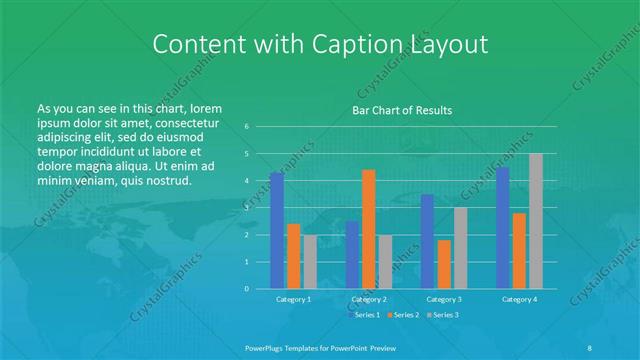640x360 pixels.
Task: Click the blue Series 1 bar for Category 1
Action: pyautogui.click(x=277, y=231)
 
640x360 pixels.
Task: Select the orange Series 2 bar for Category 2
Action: pyautogui.click(x=369, y=229)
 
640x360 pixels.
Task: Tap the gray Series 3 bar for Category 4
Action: pyautogui.click(x=536, y=221)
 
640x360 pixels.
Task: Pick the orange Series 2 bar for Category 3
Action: pyautogui.click(x=444, y=264)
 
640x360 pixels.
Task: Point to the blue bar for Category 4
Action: pyautogui.click(x=503, y=228)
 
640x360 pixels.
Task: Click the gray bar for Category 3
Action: pyautogui.click(x=460, y=248)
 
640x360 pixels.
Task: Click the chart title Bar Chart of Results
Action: pyautogui.click(x=402, y=110)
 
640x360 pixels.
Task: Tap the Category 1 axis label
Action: pyautogui.click(x=293, y=299)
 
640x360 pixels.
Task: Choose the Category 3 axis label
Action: pyautogui.click(x=444, y=299)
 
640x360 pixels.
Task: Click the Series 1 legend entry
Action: pyautogui.click(x=364, y=315)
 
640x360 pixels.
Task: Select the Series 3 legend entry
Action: pyautogui.click(x=444, y=315)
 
